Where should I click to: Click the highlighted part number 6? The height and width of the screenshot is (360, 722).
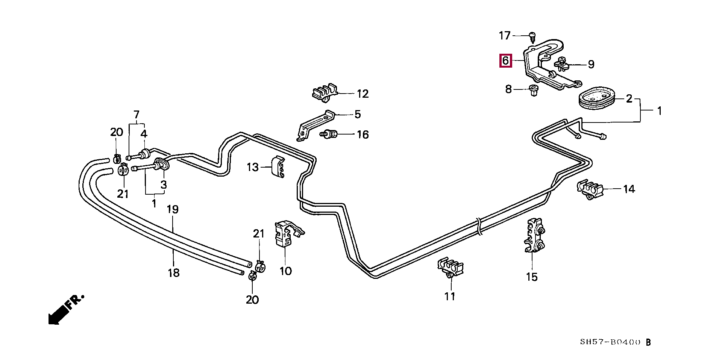click(x=505, y=61)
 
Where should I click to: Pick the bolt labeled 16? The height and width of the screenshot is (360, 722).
click(x=329, y=134)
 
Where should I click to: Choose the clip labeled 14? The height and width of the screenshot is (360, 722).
click(x=590, y=189)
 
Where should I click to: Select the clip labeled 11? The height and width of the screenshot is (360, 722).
click(x=450, y=269)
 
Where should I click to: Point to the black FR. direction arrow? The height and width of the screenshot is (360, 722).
click(x=66, y=309)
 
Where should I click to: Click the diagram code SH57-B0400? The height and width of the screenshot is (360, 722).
click(x=610, y=342)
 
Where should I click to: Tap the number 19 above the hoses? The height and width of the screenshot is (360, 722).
click(x=173, y=210)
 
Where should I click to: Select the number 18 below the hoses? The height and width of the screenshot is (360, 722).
click(x=174, y=272)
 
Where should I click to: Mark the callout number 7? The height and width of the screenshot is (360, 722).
click(x=136, y=114)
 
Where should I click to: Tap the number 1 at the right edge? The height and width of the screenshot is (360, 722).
click(x=659, y=111)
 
